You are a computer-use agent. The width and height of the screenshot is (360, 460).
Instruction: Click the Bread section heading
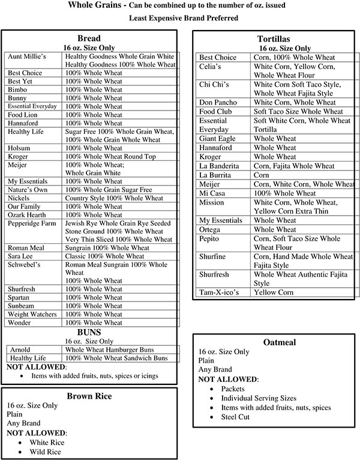pos(89,37)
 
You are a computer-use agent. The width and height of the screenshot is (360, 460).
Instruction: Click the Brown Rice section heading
pos(89,396)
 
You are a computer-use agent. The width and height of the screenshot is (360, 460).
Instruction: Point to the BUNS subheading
pos(89,331)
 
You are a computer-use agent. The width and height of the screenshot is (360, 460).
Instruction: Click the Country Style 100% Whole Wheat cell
pos(113,198)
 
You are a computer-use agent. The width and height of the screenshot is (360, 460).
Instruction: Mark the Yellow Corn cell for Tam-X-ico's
pos(274,292)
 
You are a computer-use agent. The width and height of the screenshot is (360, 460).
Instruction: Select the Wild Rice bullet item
pos(46,451)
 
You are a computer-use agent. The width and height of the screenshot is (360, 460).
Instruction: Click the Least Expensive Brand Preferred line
pos(179,18)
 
